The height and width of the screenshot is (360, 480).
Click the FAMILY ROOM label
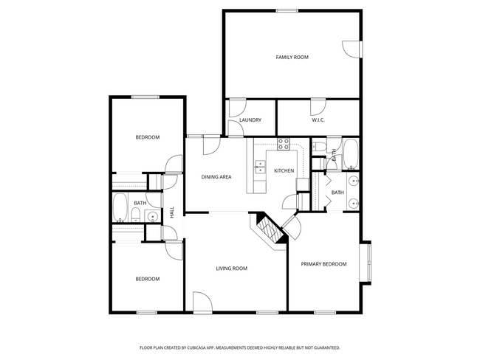[x=292, y=57]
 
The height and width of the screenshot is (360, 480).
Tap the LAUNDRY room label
[x=250, y=120]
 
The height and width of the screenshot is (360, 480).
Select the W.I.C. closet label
[x=318, y=120]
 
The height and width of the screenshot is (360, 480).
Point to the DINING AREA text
[x=217, y=177]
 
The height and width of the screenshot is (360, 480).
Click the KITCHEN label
[x=284, y=171]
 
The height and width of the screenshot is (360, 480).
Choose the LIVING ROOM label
[x=231, y=269]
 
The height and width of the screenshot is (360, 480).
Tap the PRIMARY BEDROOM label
[x=323, y=263]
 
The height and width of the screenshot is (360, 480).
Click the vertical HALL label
[x=173, y=212]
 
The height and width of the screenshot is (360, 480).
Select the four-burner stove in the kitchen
[x=282, y=145]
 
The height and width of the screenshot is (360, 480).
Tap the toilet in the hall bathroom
[x=136, y=215]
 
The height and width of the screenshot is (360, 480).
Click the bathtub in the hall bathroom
[x=120, y=208]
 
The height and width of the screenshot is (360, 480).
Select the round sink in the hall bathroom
[x=151, y=216]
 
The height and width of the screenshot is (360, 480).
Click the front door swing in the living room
[x=202, y=301]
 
